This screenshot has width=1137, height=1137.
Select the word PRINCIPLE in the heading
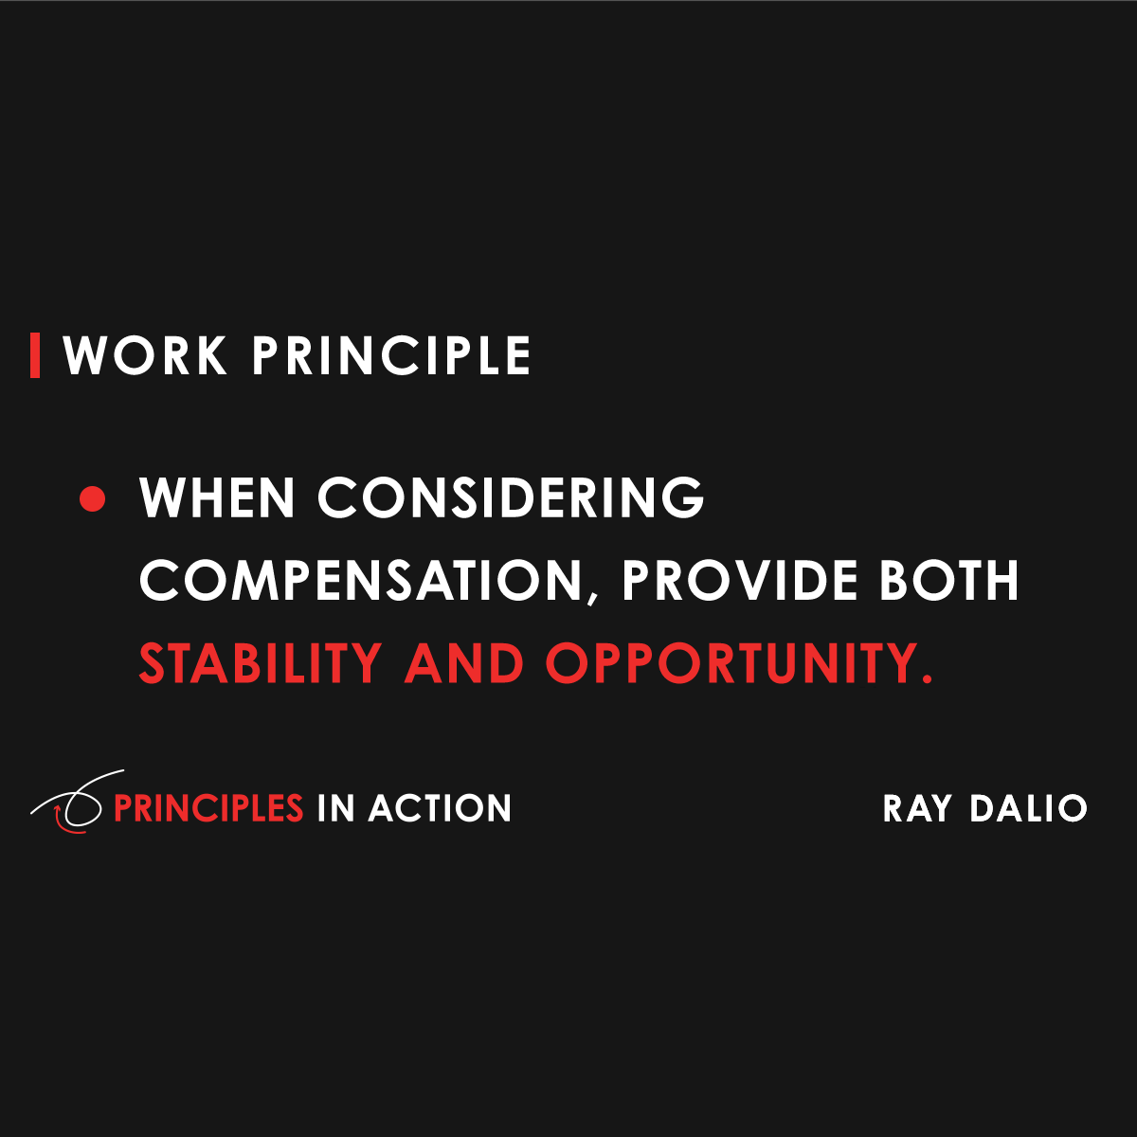point(391,356)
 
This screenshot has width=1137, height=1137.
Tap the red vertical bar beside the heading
point(35,355)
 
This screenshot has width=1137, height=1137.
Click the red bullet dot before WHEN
point(93,498)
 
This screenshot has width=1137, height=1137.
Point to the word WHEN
point(217,498)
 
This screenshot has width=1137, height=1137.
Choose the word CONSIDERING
point(511,498)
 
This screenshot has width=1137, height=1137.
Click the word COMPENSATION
point(360,580)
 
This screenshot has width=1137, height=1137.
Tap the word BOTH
point(949,580)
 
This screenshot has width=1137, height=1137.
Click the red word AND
point(464,663)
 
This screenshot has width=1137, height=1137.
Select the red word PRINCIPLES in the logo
point(208,808)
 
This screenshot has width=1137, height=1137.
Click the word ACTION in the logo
point(440,808)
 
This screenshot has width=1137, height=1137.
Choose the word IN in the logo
point(335,808)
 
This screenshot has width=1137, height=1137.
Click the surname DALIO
point(1029,808)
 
